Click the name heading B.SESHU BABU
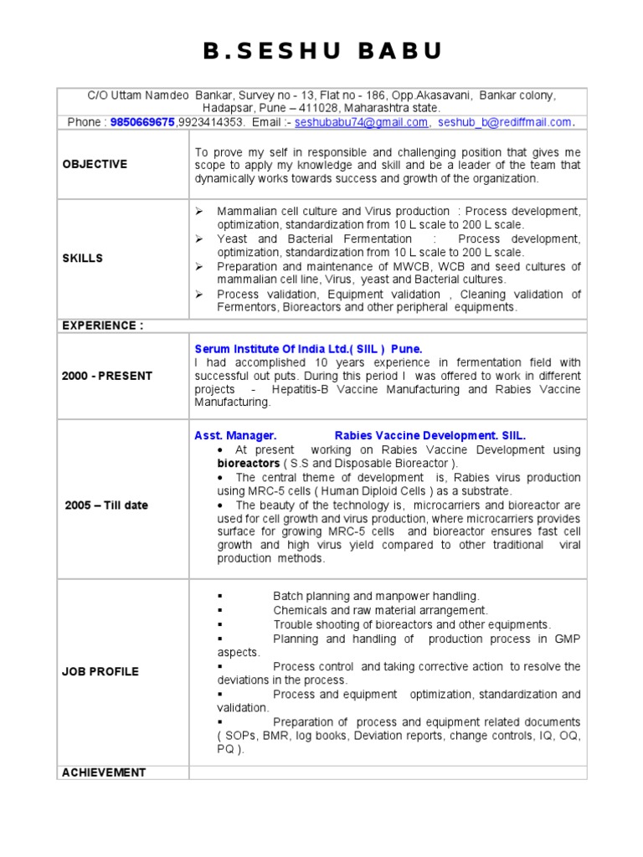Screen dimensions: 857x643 321,52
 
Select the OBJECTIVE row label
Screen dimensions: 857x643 95,164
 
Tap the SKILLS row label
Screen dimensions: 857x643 82,259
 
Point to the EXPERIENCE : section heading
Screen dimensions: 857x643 102,326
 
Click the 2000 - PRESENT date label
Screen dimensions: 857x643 107,376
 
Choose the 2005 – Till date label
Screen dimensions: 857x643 106,505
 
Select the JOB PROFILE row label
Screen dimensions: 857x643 100,671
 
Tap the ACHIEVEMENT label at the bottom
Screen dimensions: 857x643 104,772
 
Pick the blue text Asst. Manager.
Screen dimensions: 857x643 235,435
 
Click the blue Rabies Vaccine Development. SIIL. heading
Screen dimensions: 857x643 430,435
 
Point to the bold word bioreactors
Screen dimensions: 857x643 248,463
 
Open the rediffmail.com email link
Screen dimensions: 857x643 505,122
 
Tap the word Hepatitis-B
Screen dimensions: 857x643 302,390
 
